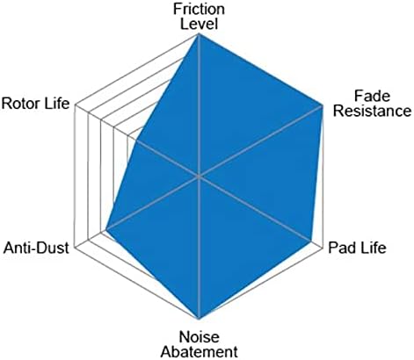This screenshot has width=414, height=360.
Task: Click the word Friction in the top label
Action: click(199, 9)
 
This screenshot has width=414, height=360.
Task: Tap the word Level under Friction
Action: click(199, 24)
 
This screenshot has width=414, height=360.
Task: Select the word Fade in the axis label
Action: click(372, 96)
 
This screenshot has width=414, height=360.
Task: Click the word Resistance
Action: click(372, 111)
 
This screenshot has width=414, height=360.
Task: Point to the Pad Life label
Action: click(357, 248)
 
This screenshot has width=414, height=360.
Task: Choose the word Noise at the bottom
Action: click(199, 337)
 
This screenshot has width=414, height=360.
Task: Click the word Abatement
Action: click(199, 351)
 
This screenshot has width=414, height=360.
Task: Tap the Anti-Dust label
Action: click(36, 248)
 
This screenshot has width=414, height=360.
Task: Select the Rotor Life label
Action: click(35, 104)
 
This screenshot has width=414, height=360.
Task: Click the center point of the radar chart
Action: click(199, 176)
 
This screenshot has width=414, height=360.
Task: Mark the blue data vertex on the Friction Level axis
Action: click(199, 34)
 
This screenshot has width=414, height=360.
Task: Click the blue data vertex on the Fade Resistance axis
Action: click(323, 105)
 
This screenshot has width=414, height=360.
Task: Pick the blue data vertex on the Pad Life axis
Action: click(310, 241)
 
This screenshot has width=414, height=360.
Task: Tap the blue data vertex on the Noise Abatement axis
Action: click(199, 319)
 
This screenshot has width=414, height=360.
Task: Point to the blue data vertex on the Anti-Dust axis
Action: click(106, 230)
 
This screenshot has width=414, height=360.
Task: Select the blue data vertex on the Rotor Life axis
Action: click(136, 140)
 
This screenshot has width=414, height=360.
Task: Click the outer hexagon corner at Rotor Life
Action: click(76, 105)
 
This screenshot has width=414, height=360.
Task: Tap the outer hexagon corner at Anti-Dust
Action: click(76, 248)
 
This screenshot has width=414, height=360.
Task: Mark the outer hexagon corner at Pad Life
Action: click(323, 248)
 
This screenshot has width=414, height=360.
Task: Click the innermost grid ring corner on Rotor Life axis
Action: click(127, 135)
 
